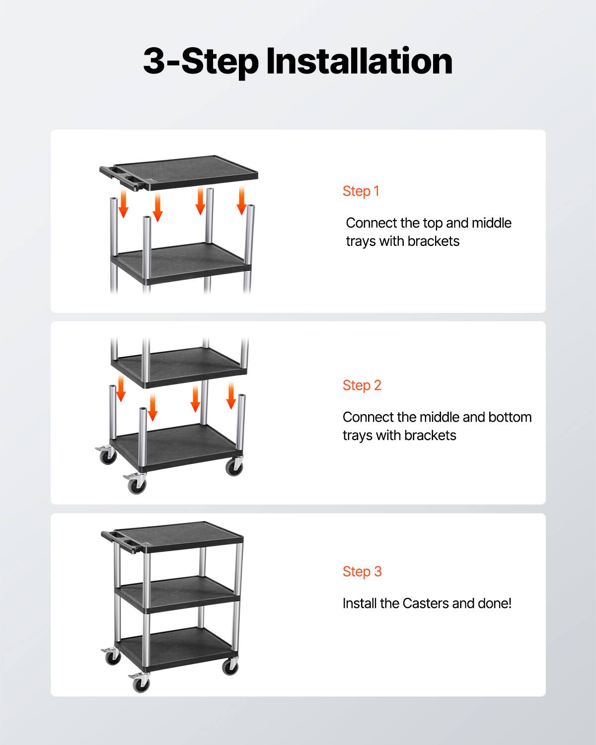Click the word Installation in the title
pos(359,61)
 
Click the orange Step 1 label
pos(361,191)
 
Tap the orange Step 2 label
pos(362,385)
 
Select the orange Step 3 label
pos(362,572)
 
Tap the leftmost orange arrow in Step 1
pos(123,206)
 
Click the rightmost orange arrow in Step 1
pos(241,200)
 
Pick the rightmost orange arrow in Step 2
pos(231,396)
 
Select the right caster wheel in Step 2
pos(234,467)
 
